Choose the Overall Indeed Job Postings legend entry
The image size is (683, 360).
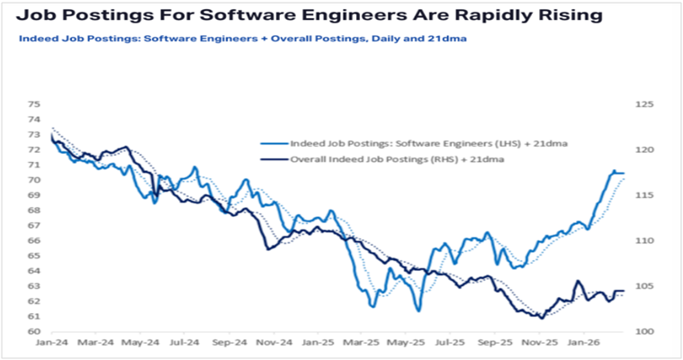[396, 158]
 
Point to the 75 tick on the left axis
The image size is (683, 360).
[33, 104]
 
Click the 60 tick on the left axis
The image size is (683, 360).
[33, 331]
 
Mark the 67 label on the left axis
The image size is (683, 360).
[33, 225]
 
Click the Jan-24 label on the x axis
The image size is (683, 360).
[52, 343]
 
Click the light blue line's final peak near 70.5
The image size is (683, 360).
[615, 171]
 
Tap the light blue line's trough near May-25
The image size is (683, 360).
[418, 310]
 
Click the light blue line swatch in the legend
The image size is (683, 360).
[272, 143]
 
